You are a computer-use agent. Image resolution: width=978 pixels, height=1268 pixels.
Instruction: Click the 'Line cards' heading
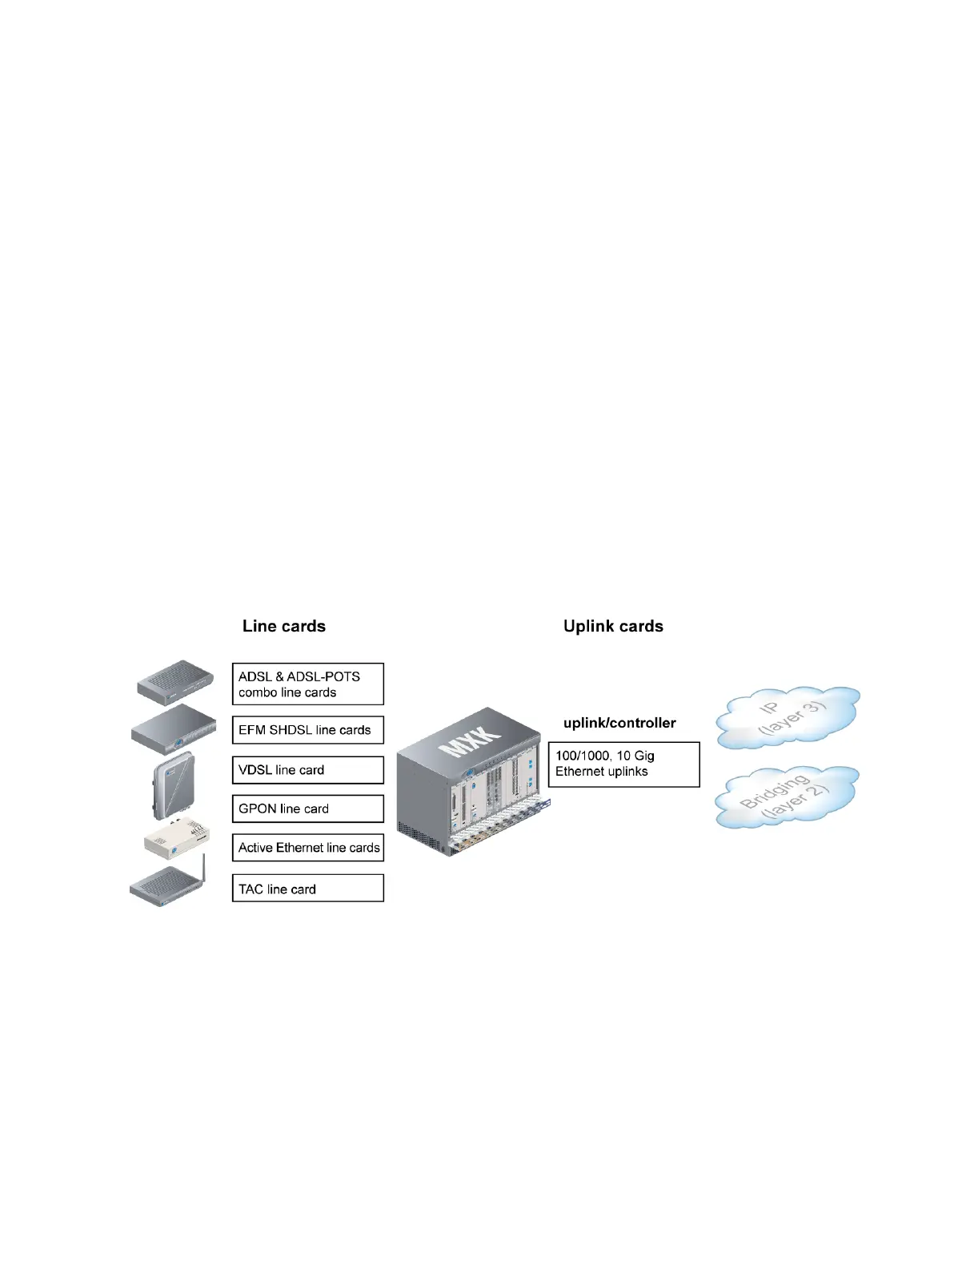pos(284,626)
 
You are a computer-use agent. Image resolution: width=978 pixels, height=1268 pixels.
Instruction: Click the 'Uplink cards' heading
pos(613,626)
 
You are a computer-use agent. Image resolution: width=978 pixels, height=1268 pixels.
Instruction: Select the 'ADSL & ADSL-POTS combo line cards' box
pos(307,684)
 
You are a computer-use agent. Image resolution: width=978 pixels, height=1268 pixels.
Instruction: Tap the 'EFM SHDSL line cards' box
pos(307,730)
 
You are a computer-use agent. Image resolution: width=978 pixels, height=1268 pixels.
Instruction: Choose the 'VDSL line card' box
pos(307,770)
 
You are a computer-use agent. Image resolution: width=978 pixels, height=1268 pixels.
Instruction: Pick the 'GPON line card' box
pos(307,809)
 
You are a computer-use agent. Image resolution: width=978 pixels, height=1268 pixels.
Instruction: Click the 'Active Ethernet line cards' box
pos(307,848)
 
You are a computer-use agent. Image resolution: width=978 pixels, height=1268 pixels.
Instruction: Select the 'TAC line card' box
pos(307,889)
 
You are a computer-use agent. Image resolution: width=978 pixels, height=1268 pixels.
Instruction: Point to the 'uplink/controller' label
pos(619,723)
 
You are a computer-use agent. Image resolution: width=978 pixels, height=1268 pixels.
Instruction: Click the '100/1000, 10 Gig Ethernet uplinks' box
pos(623,764)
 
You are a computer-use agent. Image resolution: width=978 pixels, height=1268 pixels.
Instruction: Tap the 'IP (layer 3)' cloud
pos(788,717)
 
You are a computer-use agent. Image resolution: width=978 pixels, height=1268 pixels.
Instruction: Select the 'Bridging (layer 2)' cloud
pos(786,797)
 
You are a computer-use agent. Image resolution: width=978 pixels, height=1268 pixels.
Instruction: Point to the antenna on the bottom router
pos(203,868)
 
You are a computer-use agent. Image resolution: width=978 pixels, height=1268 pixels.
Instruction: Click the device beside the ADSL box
pos(175,682)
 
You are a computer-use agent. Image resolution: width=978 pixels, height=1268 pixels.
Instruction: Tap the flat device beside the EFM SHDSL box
pos(174,728)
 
